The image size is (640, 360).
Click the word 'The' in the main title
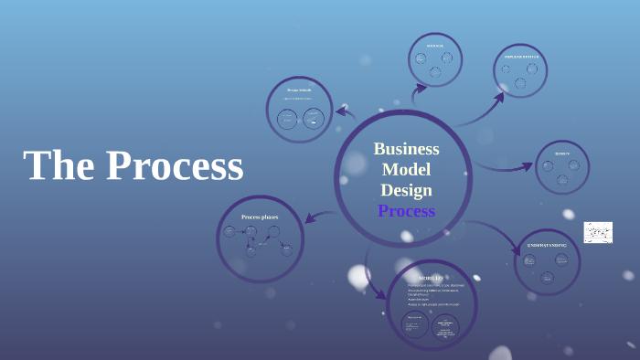coord(58,166)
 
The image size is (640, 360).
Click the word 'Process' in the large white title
coord(175,166)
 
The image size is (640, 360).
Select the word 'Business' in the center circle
coord(406,149)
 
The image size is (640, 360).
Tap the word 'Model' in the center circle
coord(406,169)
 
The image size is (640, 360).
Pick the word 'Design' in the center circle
coord(406,190)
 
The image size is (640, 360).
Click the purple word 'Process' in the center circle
coord(406,211)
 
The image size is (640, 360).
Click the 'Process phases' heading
coord(260,217)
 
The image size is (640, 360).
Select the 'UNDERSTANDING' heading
coord(547,245)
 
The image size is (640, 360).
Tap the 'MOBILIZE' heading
coord(432,277)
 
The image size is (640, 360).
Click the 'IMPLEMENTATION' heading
coord(521,57)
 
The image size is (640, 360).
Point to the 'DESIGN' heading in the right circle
coord(561,154)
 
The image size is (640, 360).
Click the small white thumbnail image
coord(598,232)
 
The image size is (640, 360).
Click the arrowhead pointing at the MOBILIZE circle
coord(379,293)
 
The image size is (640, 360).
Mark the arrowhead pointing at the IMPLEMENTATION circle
coord(498,95)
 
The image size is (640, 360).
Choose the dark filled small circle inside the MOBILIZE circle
coord(446,326)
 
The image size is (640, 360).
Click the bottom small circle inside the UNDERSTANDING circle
coord(546,277)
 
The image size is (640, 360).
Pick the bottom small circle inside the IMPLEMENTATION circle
coord(520,83)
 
